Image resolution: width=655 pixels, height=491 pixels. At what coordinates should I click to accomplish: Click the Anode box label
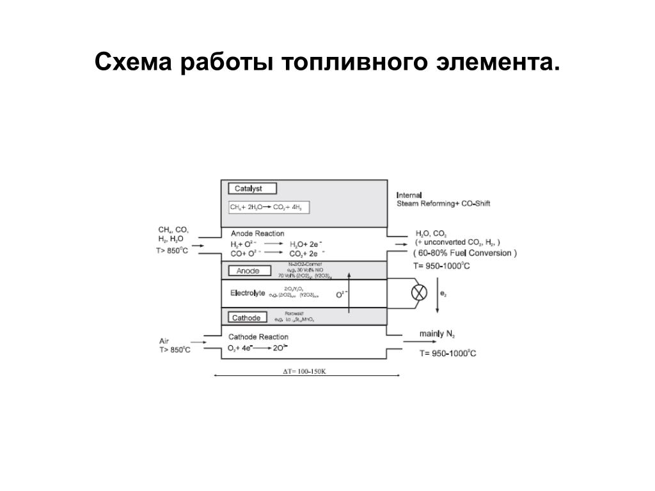(x=248, y=271)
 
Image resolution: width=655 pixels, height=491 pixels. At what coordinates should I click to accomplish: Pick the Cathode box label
(x=246, y=318)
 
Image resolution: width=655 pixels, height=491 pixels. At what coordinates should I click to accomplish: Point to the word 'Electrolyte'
(x=248, y=293)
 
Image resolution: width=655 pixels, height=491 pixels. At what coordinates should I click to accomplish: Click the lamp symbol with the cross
(x=420, y=293)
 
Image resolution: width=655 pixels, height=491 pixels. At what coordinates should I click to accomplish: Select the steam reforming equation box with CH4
(x=265, y=208)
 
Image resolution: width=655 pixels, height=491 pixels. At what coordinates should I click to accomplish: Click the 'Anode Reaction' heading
(x=257, y=233)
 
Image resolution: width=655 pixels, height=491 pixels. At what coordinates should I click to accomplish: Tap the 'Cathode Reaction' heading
(x=258, y=337)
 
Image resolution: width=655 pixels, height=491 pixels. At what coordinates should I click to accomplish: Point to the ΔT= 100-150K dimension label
(x=304, y=371)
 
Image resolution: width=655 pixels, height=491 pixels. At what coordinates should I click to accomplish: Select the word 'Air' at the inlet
(x=164, y=341)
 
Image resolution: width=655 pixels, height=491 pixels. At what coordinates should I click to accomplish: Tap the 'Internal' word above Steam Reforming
(x=409, y=194)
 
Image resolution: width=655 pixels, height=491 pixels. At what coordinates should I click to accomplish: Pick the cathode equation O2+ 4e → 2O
(x=258, y=348)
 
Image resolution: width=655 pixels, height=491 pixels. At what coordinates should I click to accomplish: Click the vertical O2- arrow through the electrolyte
(x=349, y=293)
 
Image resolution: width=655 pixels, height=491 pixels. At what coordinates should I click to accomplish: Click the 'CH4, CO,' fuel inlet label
(x=173, y=230)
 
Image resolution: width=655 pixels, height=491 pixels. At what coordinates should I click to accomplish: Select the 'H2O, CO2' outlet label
(x=430, y=233)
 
